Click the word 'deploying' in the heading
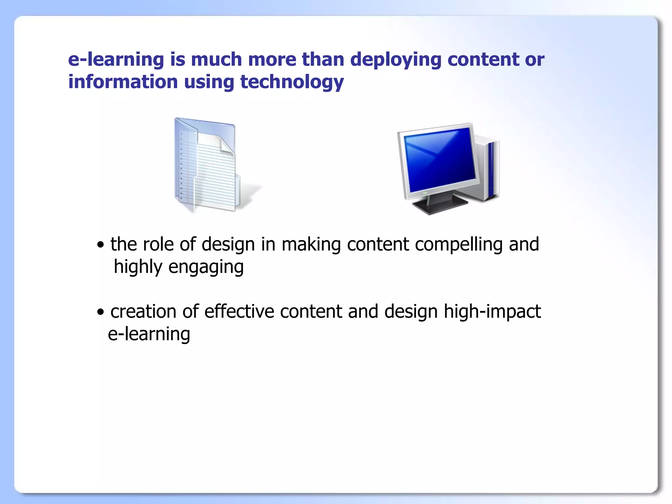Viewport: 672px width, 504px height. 395,60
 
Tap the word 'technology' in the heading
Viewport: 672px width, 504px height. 292,82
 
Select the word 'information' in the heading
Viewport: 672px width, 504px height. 123,82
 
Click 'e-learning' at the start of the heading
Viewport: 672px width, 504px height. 115,60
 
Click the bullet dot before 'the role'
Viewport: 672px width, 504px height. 100,245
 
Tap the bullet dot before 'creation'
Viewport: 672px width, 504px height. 100,312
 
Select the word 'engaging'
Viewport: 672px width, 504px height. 206,267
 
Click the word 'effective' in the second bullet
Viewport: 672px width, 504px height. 239,312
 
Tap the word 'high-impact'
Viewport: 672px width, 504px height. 492,312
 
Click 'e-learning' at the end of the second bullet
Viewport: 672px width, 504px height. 149,334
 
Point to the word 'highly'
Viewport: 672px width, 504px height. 138,267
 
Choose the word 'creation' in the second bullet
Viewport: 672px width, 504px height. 143,312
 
